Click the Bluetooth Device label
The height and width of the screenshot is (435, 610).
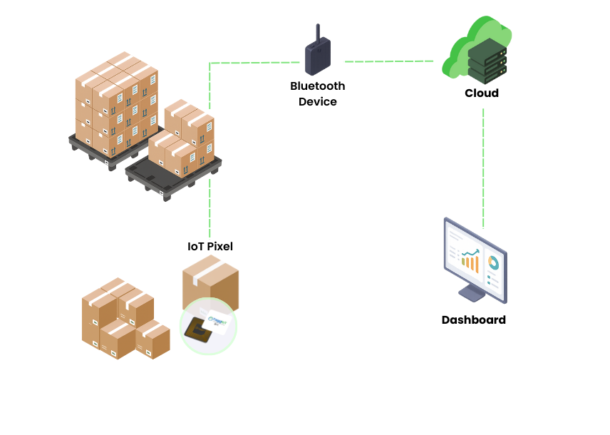317,93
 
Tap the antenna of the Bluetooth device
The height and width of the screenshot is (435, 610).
318,31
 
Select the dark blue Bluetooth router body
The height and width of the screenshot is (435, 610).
318,58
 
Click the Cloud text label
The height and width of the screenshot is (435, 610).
482,93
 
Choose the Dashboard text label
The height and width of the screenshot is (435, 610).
473,320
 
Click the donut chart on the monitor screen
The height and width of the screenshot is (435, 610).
492,265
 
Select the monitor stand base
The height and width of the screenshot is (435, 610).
472,295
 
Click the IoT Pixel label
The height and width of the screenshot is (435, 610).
210,247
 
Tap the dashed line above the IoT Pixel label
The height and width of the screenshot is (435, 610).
210,207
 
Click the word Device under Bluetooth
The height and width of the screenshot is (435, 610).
317,102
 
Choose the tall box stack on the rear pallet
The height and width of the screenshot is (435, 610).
116,103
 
